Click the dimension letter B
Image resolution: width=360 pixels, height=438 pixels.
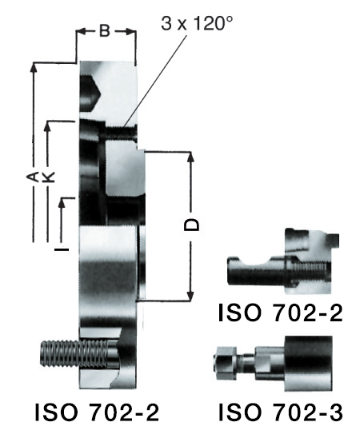pyautogui.click(x=105, y=30)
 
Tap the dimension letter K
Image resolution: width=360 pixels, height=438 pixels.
pyautogui.click(x=49, y=177)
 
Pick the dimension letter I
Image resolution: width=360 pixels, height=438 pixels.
pyautogui.click(x=62, y=249)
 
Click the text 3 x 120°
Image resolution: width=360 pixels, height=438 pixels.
pyautogui.click(x=197, y=23)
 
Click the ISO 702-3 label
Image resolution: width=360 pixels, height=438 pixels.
pyautogui.click(x=280, y=412)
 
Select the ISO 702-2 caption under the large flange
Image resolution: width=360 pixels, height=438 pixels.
pyautogui.click(x=97, y=412)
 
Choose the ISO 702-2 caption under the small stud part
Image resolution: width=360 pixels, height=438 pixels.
pyautogui.click(x=280, y=313)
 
